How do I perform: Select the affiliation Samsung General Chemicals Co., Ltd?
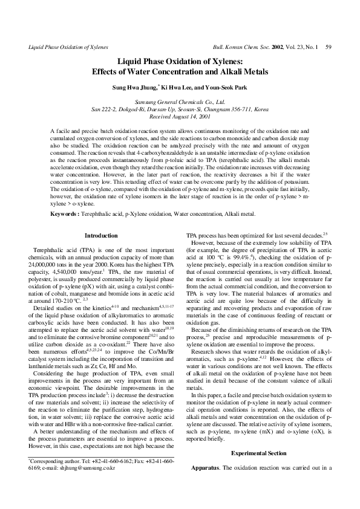click(180, 103)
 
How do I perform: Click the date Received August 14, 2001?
click(180, 117)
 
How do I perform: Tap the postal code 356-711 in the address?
click(231, 109)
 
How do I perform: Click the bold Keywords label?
click(67, 196)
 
